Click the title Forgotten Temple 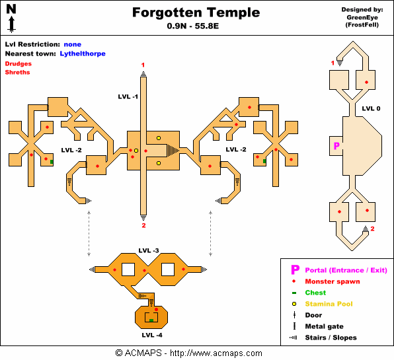(x=196, y=13)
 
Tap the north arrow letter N (x=11, y=9)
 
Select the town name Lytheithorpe (x=83, y=54)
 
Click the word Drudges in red (x=18, y=63)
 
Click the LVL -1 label (x=124, y=96)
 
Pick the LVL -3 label (x=149, y=250)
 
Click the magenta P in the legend (x=295, y=270)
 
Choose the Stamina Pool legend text (x=331, y=304)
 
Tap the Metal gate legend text (x=324, y=326)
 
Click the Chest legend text (x=315, y=293)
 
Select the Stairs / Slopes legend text (x=331, y=338)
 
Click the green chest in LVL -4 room (x=151, y=320)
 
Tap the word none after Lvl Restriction (x=73, y=44)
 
